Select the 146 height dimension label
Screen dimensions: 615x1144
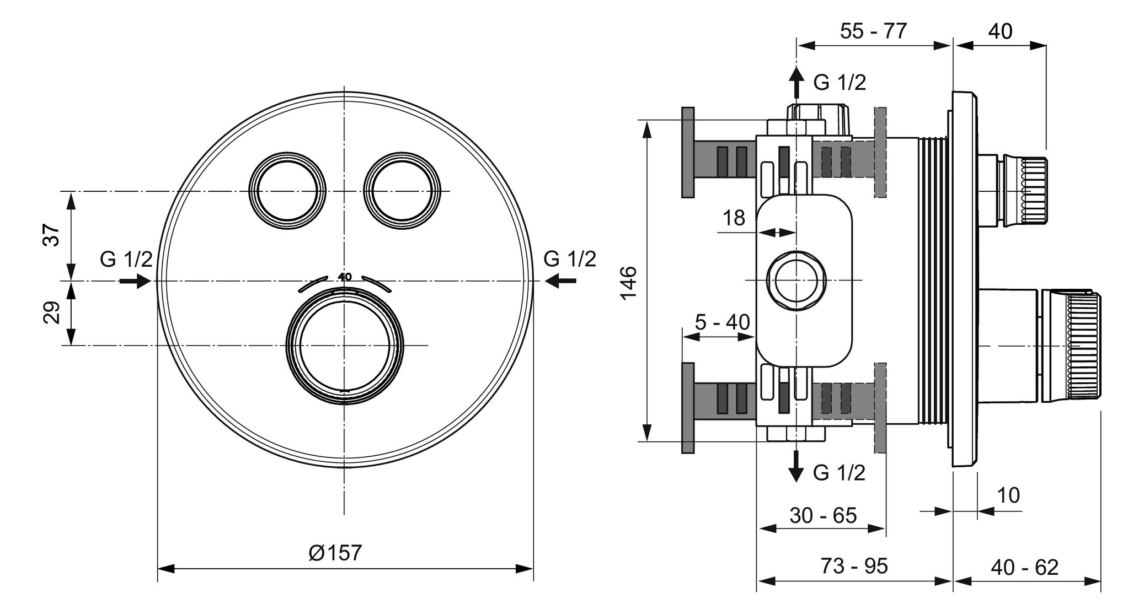point(629,282)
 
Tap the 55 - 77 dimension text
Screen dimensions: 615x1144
point(873,31)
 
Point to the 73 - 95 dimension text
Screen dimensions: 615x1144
point(854,566)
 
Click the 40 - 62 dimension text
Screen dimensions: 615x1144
point(1024,568)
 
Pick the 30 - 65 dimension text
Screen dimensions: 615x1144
point(823,515)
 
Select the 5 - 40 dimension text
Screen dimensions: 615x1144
point(722,322)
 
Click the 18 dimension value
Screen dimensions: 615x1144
point(734,218)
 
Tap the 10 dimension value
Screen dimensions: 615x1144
point(1008,495)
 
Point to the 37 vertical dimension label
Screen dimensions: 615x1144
point(51,235)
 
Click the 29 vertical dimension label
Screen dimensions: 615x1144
point(51,312)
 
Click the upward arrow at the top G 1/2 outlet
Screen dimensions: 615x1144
point(795,82)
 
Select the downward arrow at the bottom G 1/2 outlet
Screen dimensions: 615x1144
point(795,466)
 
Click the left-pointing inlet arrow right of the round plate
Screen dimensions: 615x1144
point(560,281)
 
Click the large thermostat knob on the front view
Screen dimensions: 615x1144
point(344,346)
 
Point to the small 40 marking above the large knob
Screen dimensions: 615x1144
point(345,277)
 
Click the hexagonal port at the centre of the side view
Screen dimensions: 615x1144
point(796,280)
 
